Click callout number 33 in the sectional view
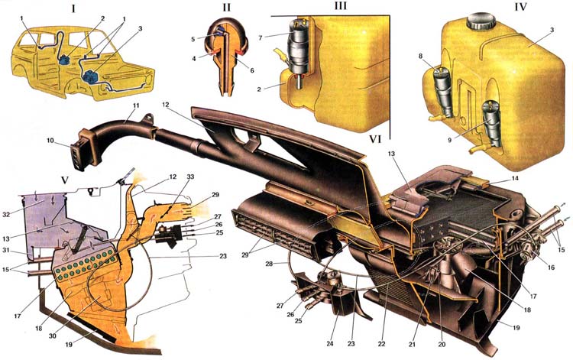click(189, 177)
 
